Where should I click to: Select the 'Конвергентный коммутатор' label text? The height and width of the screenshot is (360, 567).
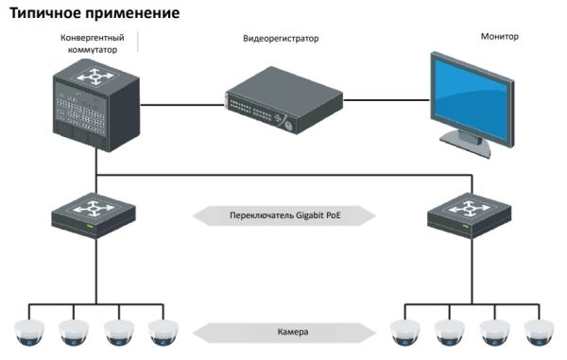(x=93, y=43)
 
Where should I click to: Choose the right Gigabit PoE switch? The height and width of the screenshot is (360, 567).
(x=470, y=216)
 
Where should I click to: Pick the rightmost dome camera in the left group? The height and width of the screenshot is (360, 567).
(x=163, y=332)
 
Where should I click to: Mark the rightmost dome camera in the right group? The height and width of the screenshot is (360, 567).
(x=539, y=332)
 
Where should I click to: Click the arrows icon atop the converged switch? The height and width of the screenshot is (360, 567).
(x=94, y=75)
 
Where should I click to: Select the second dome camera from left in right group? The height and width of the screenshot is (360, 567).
(x=448, y=332)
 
